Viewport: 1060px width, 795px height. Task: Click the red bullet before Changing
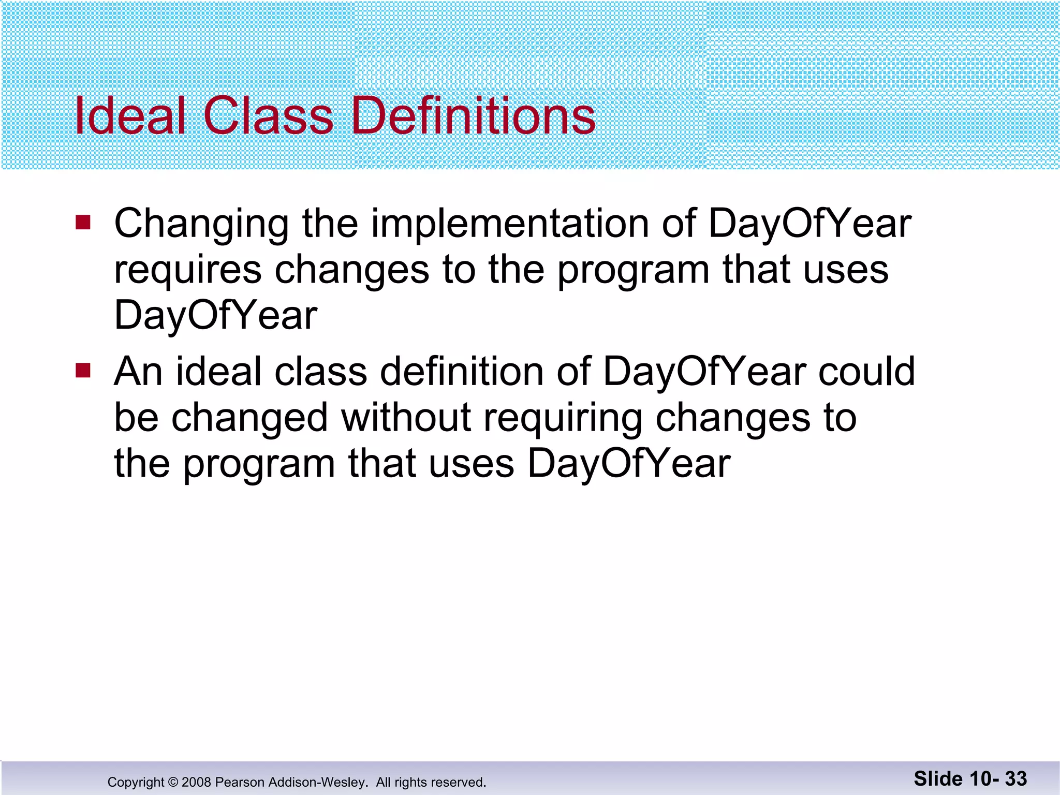(83, 223)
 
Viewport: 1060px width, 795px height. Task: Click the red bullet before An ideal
(83, 371)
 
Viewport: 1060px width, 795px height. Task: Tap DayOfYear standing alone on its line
(215, 315)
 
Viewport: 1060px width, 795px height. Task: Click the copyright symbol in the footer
(173, 782)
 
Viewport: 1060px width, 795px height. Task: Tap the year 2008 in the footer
(196, 782)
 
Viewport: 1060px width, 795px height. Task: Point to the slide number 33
(1015, 778)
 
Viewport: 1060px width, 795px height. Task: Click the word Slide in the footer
(938, 778)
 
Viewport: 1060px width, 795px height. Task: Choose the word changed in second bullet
(249, 418)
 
